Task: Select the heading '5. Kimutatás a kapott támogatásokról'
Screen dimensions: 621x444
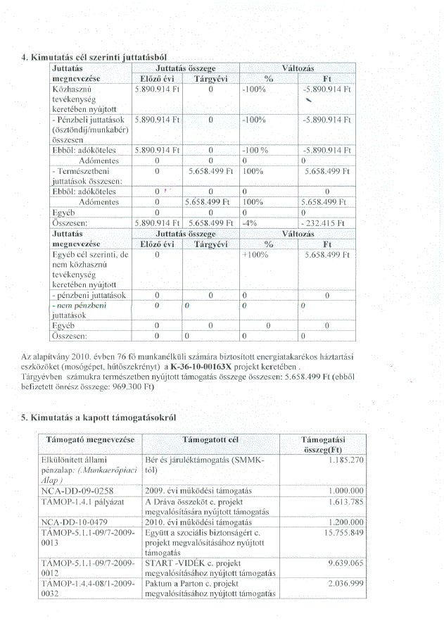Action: pyautogui.click(x=99, y=418)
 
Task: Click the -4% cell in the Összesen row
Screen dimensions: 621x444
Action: pyautogui.click(x=247, y=222)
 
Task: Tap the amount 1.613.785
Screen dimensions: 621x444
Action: pyautogui.click(x=343, y=502)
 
